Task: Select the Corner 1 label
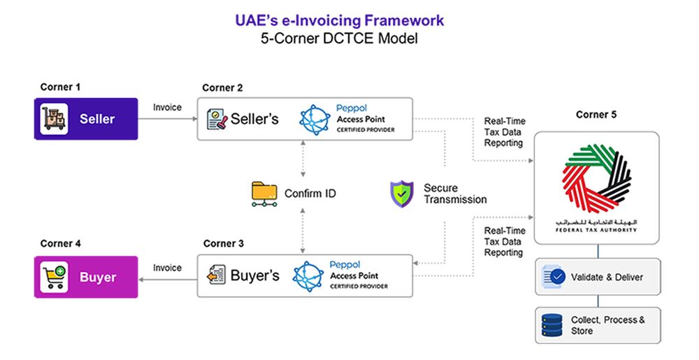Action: pyautogui.click(x=60, y=87)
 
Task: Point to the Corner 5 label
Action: pyautogui.click(x=596, y=115)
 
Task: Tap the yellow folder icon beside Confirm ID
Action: pyautogui.click(x=264, y=194)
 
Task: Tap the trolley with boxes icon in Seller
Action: pyautogui.click(x=54, y=119)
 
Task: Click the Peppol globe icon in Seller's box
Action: pyautogui.click(x=314, y=119)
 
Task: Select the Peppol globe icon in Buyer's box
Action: pyautogui.click(x=308, y=276)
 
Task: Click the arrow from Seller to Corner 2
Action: pyautogui.click(x=167, y=119)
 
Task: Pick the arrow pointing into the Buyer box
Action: pyautogui.click(x=167, y=278)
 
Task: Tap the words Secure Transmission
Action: pyautogui.click(x=454, y=194)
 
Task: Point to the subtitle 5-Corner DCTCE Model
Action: pyautogui.click(x=339, y=40)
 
